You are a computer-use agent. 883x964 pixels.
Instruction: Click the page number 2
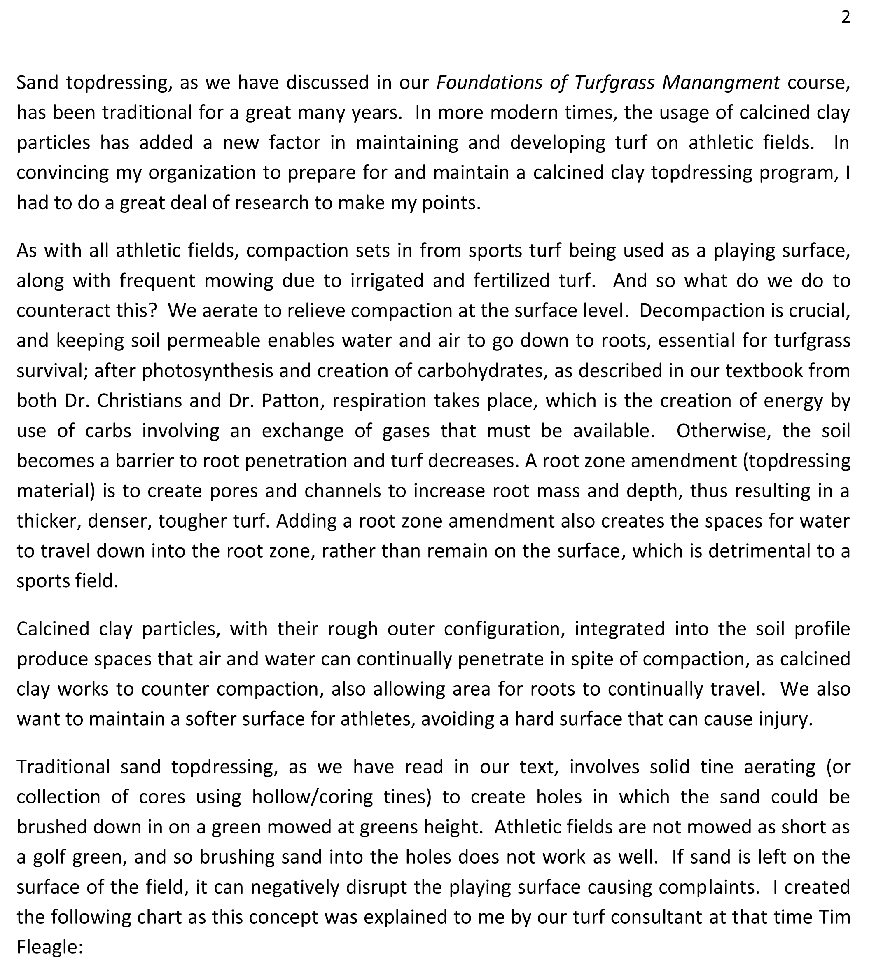[x=845, y=17]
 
